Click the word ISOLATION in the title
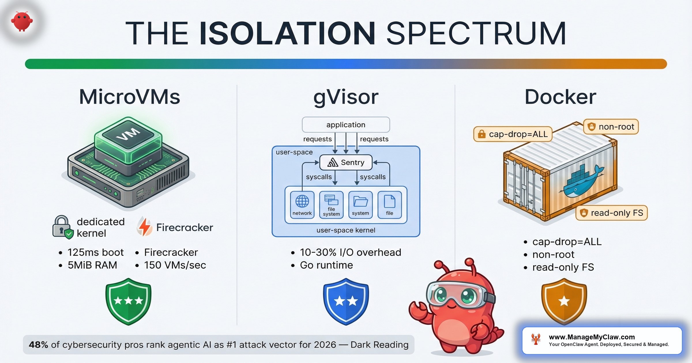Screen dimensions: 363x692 pos(287,33)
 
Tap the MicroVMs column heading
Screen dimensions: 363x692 pos(129,97)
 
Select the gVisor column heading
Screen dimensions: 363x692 pos(346,97)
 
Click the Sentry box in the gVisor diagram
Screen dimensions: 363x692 pos(346,162)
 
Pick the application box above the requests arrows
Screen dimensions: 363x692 pos(346,125)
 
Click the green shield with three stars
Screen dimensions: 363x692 pos(128,301)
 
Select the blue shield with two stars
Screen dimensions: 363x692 pos(346,301)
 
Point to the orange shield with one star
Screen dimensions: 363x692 pos(564,301)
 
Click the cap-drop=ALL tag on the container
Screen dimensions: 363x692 pos(513,134)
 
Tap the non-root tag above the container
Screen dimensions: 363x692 pos(611,127)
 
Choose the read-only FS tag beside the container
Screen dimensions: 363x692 pos(612,213)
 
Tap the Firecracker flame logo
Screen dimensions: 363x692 pos(144,227)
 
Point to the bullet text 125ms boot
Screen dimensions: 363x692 pos(95,252)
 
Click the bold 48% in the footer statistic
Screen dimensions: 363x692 pos(38,345)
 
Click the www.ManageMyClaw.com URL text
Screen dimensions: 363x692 pos(592,337)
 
